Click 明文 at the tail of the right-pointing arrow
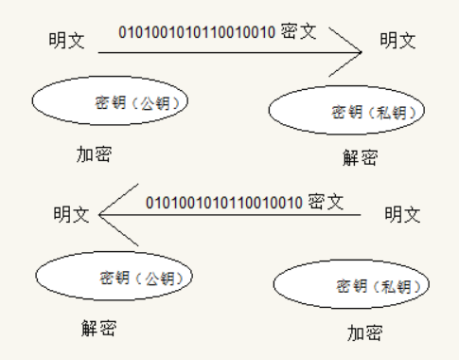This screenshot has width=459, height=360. click(66, 41)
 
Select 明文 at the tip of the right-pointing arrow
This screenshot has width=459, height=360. click(397, 41)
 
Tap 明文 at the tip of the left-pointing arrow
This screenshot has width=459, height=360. click(71, 214)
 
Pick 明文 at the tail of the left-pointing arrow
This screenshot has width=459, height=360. click(402, 214)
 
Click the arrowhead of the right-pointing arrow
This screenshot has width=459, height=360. click(361, 52)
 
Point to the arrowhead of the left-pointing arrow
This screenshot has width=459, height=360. click(99, 215)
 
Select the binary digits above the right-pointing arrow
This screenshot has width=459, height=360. click(197, 32)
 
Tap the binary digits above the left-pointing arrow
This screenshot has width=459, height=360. click(224, 203)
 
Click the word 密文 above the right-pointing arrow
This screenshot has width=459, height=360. click(298, 31)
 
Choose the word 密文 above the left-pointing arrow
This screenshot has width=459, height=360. click(326, 202)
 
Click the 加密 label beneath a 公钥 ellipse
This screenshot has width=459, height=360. click(94, 154)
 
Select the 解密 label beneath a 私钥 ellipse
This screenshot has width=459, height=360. click(361, 157)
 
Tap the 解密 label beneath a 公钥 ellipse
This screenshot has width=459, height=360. click(99, 328)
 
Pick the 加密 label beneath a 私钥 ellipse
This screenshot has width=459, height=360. click(365, 333)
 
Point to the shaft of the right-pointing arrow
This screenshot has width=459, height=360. click(230, 52)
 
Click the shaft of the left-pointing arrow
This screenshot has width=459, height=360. click(230, 215)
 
